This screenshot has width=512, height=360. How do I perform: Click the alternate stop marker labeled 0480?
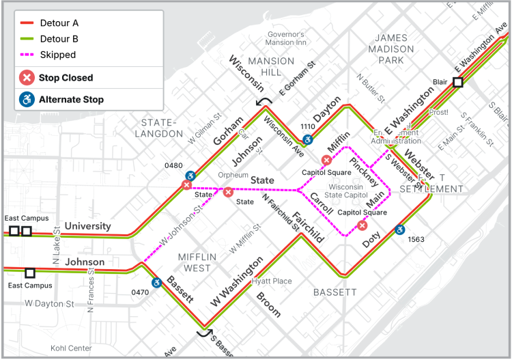coord(192,175)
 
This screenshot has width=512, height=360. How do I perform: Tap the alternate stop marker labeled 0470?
coord(156,282)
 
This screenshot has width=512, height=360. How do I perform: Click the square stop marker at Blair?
coord(458,82)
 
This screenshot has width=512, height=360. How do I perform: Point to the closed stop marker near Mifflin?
coord(327,161)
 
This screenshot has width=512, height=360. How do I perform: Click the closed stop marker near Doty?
coord(362,225)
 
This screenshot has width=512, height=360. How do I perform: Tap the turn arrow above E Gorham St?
coord(264,102)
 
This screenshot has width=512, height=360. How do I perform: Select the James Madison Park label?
coord(391,49)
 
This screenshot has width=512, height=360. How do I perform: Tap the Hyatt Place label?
coord(271,281)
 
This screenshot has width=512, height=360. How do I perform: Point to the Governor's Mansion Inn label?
coord(285,39)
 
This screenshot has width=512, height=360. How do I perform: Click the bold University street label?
coord(87,226)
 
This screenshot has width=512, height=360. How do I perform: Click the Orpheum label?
coord(233,175)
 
